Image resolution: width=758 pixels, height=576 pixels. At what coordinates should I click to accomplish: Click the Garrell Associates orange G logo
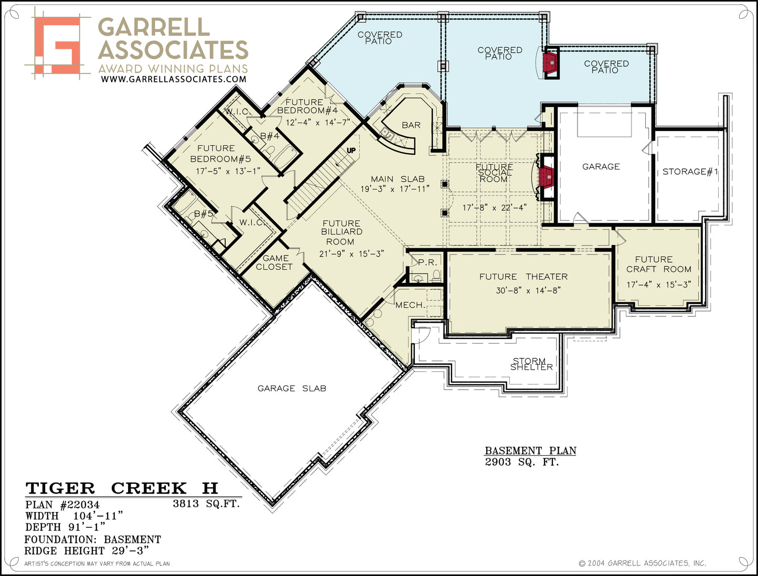tap(57, 45)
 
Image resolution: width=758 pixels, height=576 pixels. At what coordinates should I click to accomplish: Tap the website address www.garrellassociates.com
tap(174, 79)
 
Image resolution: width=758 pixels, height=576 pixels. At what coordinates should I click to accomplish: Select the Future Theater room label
tap(523, 276)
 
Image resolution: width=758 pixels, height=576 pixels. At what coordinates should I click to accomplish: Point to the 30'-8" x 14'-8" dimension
tap(528, 291)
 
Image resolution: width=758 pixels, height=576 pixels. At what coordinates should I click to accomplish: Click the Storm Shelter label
tap(531, 364)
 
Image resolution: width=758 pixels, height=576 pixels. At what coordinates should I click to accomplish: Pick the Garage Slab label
tap(292, 389)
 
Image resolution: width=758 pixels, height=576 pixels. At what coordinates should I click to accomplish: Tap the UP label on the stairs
tap(351, 150)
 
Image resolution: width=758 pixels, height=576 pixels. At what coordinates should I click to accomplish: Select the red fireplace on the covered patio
tap(550, 62)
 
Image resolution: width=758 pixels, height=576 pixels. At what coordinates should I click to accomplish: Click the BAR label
tap(411, 125)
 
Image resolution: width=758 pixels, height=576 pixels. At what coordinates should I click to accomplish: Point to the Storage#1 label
tap(690, 172)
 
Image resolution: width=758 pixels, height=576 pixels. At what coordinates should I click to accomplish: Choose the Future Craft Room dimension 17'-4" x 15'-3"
tap(659, 284)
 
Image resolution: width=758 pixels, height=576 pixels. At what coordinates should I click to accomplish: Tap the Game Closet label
tap(274, 262)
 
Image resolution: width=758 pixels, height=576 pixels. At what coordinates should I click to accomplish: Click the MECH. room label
tap(410, 305)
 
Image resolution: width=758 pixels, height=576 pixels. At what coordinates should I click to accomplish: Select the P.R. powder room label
tap(428, 262)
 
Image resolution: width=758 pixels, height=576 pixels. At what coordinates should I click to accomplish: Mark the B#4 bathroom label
tap(269, 136)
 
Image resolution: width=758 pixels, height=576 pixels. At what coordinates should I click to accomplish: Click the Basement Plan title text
tap(530, 451)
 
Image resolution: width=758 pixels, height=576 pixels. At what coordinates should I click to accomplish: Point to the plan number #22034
tap(80, 505)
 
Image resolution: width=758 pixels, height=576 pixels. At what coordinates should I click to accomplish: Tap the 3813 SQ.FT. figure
tap(206, 504)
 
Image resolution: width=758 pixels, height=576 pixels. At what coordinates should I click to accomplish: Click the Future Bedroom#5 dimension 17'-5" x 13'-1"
tap(228, 171)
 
